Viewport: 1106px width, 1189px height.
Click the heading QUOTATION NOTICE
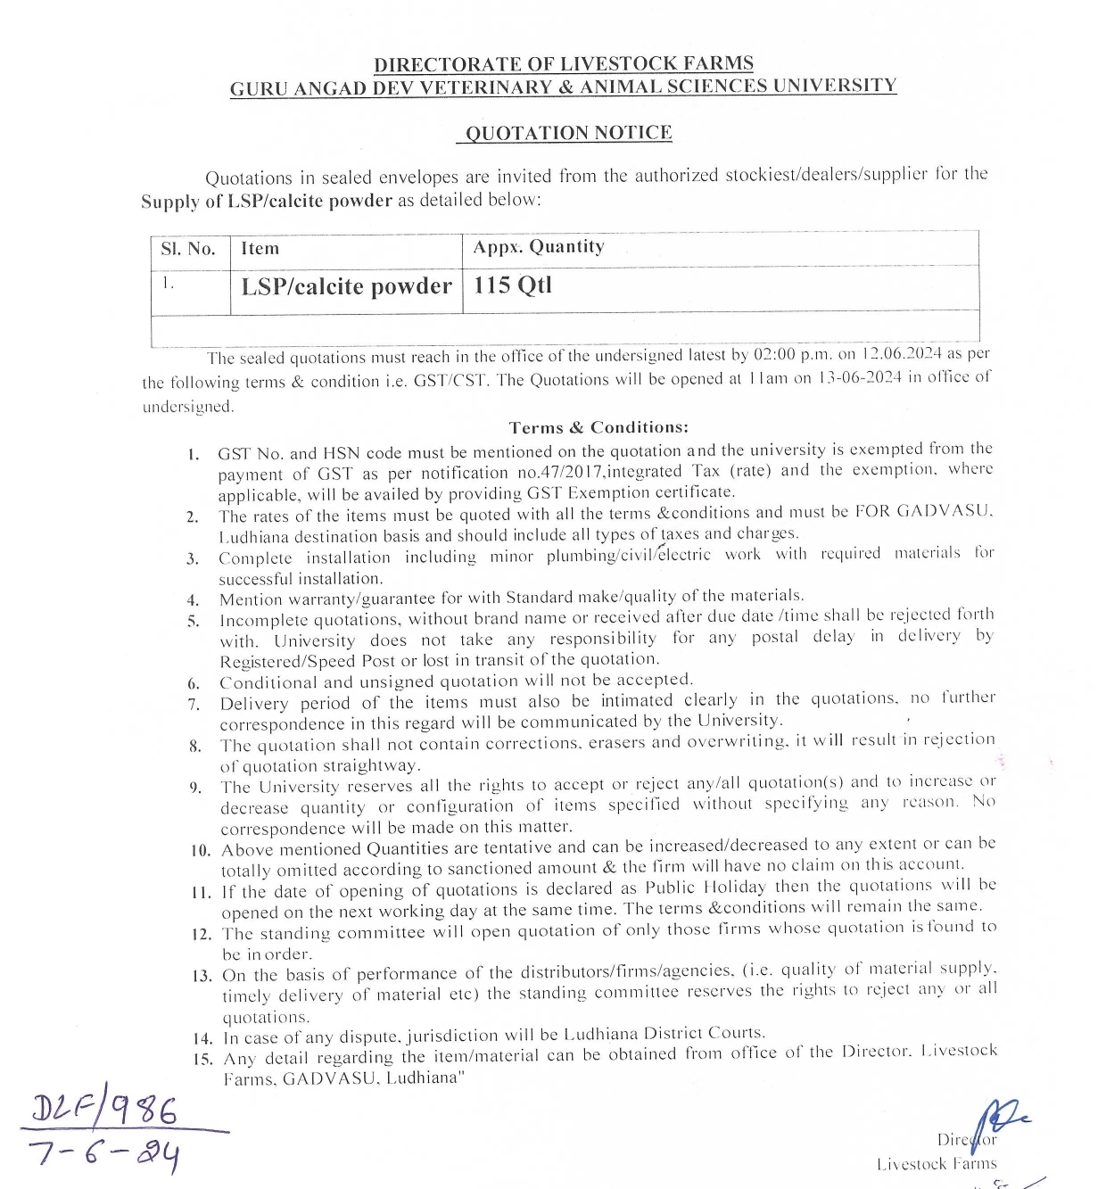[x=568, y=134]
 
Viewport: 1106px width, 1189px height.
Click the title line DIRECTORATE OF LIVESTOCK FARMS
[x=563, y=64]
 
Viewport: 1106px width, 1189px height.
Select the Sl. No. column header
[x=188, y=249]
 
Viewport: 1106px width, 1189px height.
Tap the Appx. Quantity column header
[x=539, y=247]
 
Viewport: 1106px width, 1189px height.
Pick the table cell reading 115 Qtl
[x=513, y=285]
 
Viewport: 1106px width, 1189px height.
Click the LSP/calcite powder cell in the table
[x=346, y=287]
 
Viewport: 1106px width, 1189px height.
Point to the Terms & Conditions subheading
[x=598, y=427]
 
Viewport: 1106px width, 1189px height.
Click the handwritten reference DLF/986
[x=104, y=1111]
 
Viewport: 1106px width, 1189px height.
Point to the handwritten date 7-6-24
[x=104, y=1154]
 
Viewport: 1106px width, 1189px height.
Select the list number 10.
[x=201, y=850]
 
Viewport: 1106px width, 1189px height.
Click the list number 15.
[x=202, y=1060]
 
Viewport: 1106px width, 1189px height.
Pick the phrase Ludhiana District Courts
[x=664, y=1035]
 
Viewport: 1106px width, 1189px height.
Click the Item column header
[x=260, y=249]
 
